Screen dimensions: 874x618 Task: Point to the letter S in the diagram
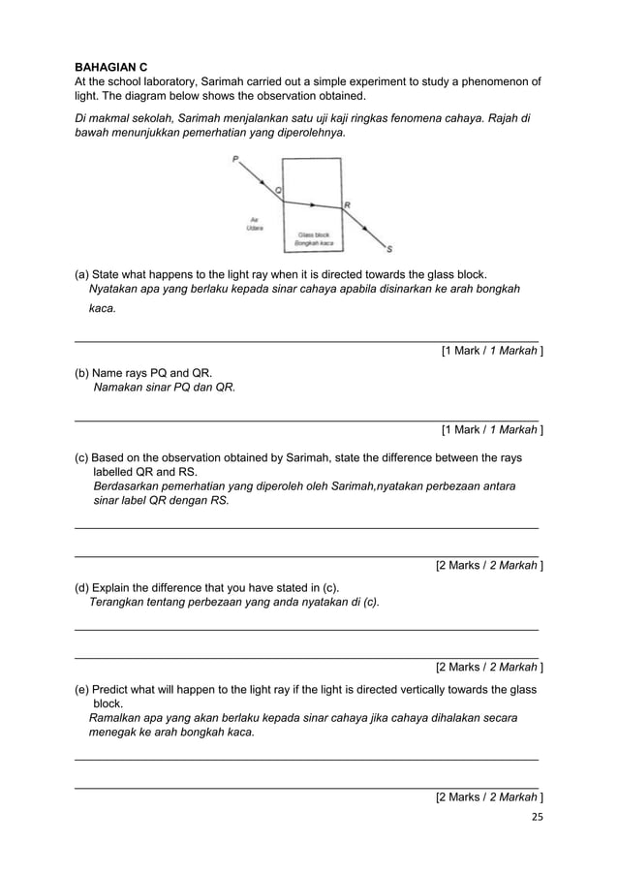pos(389,246)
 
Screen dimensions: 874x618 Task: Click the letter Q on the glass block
pos(279,191)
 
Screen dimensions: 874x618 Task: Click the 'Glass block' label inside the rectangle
pos(314,234)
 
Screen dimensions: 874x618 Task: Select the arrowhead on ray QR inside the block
pos(313,204)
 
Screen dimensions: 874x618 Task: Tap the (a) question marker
pos(82,273)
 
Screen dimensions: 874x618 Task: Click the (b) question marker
pos(82,372)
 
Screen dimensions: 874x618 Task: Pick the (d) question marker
pos(82,586)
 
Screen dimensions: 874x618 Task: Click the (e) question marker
pos(82,689)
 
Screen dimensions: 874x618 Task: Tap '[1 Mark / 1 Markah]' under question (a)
pos(491,351)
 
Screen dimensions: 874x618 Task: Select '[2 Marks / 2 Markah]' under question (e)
pos(488,796)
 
